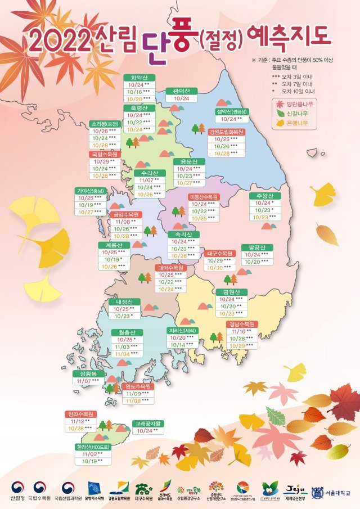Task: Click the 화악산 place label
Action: [139, 79]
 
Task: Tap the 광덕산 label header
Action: [182, 91]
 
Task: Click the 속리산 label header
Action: [184, 234]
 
